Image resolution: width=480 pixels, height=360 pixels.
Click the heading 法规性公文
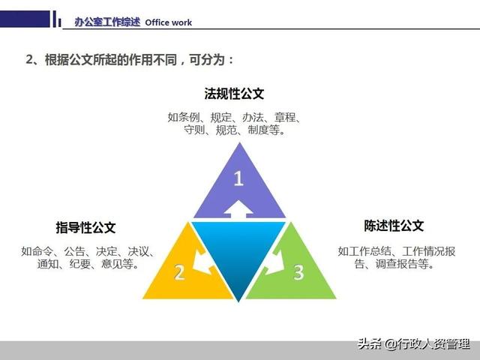point(235,94)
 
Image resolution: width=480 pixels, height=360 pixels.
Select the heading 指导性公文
point(85,227)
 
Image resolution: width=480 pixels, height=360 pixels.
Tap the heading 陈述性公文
point(394,226)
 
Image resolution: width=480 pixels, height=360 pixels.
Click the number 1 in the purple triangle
point(238,179)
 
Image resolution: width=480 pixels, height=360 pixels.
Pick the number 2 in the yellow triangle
point(179,271)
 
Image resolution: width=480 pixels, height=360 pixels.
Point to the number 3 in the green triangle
point(298,271)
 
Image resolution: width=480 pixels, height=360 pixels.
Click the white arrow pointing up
point(238,209)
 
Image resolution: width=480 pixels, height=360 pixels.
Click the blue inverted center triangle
point(238,247)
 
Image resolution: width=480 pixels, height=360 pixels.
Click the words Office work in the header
point(168,22)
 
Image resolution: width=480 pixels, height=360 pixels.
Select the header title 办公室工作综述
point(107,22)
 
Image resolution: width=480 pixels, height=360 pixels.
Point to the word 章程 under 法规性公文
point(287,117)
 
